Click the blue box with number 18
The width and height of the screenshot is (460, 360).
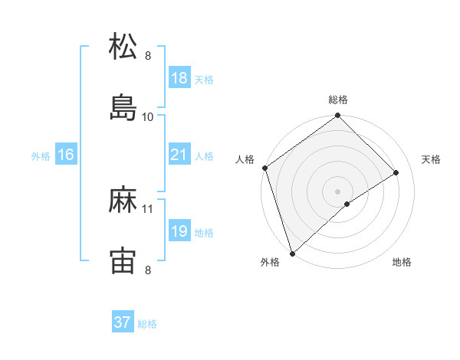[x=179, y=78]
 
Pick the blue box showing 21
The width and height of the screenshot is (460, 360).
[x=179, y=155]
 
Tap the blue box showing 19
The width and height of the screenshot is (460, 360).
[x=179, y=231]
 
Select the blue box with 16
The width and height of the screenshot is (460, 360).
[x=66, y=155]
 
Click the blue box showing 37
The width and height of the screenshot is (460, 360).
[x=123, y=322]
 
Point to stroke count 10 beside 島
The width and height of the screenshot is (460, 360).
[x=148, y=116]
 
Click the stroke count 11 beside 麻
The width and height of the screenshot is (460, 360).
[x=148, y=208]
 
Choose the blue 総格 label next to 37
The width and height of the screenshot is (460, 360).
[x=147, y=324]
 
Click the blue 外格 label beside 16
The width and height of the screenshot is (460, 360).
[x=41, y=156]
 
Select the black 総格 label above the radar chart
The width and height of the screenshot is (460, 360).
[x=337, y=100]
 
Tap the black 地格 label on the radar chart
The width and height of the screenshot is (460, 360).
[x=402, y=262]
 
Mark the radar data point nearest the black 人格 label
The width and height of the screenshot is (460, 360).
[x=264, y=168]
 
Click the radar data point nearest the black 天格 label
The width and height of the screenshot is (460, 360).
[x=396, y=172]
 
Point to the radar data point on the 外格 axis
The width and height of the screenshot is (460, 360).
[x=292, y=253]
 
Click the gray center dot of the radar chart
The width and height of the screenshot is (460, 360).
[x=337, y=191]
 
